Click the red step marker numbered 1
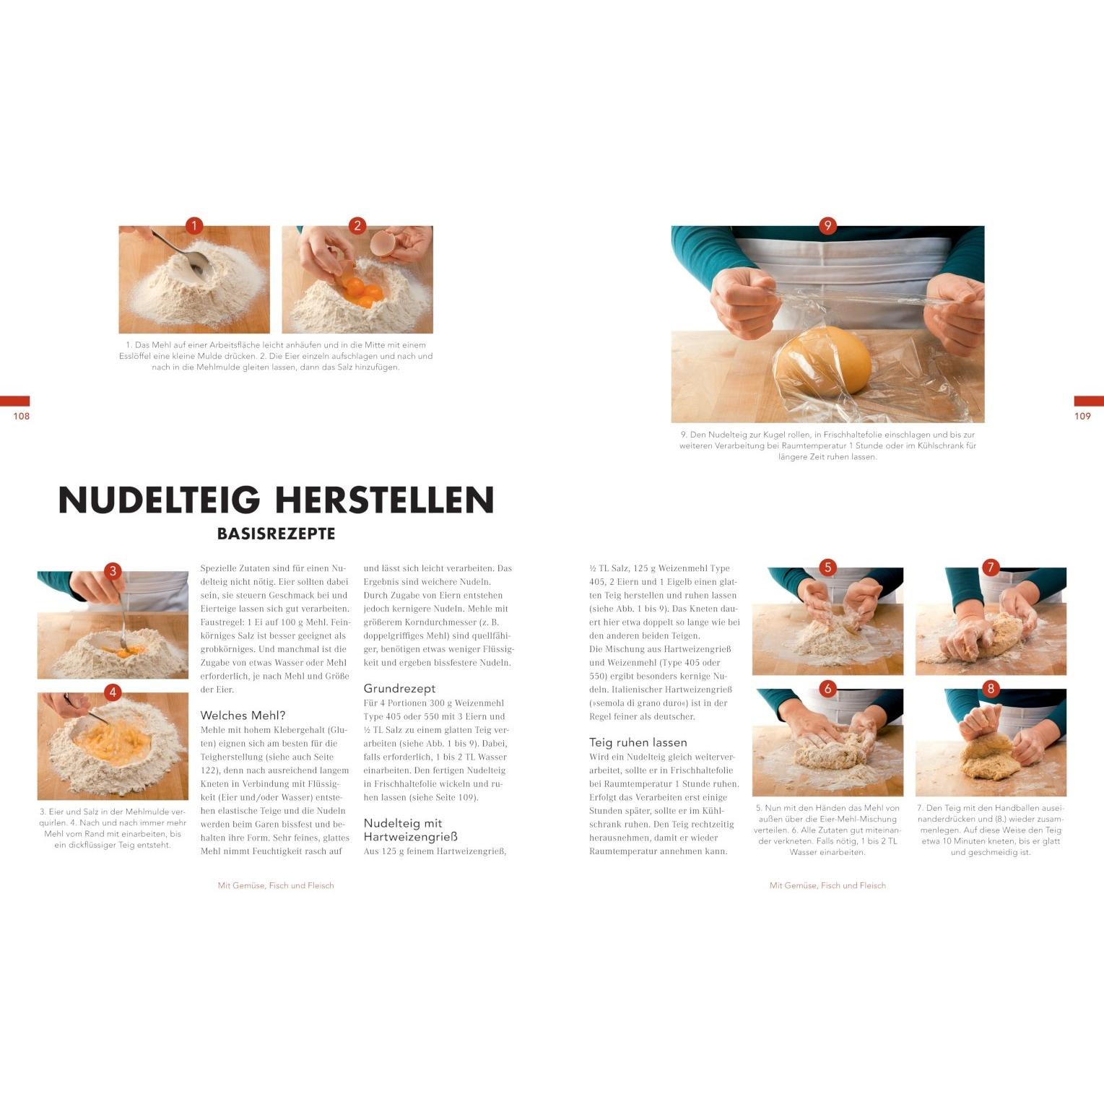click(194, 226)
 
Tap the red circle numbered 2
click(357, 226)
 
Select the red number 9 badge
click(827, 225)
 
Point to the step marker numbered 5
click(827, 568)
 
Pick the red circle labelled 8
click(991, 689)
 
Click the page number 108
click(22, 416)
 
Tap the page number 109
click(1082, 416)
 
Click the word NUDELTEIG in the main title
click(159, 500)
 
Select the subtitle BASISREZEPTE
click(277, 534)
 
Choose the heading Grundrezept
click(399, 689)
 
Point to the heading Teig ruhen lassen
click(638, 742)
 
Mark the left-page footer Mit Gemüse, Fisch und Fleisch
click(276, 885)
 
